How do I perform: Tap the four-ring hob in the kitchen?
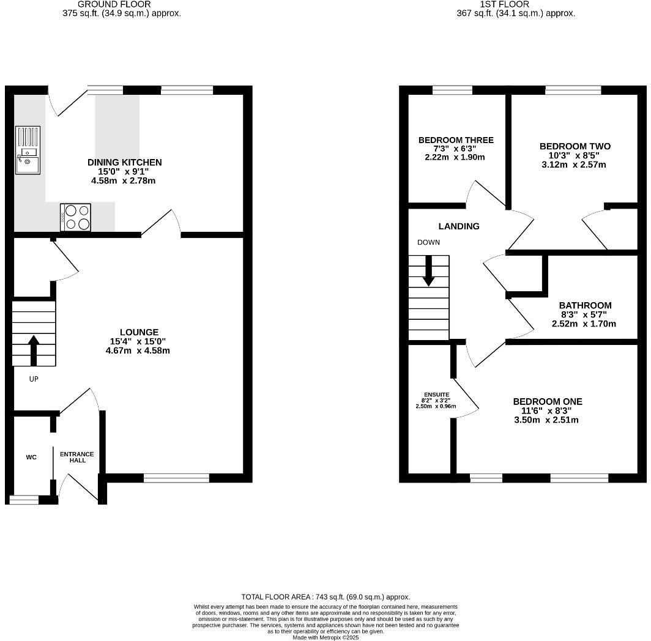pos(75,217)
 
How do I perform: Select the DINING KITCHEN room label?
pos(125,162)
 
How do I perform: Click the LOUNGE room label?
pos(139,332)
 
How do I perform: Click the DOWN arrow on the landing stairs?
pos(428,271)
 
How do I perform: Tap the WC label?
pos(31,457)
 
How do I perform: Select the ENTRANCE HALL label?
pos(77,457)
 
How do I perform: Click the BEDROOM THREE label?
pos(456,140)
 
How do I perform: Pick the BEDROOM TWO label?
pos(575,146)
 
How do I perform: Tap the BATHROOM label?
pos(585,305)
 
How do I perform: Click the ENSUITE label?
pos(436,395)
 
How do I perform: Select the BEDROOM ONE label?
pos(547,402)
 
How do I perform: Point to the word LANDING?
pos(459,226)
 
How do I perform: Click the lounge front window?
pos(176,478)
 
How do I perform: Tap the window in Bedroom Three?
pos(452,90)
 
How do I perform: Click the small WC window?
pos(24,500)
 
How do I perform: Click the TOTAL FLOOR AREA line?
pos(325,597)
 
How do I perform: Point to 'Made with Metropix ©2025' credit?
pos(325,637)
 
